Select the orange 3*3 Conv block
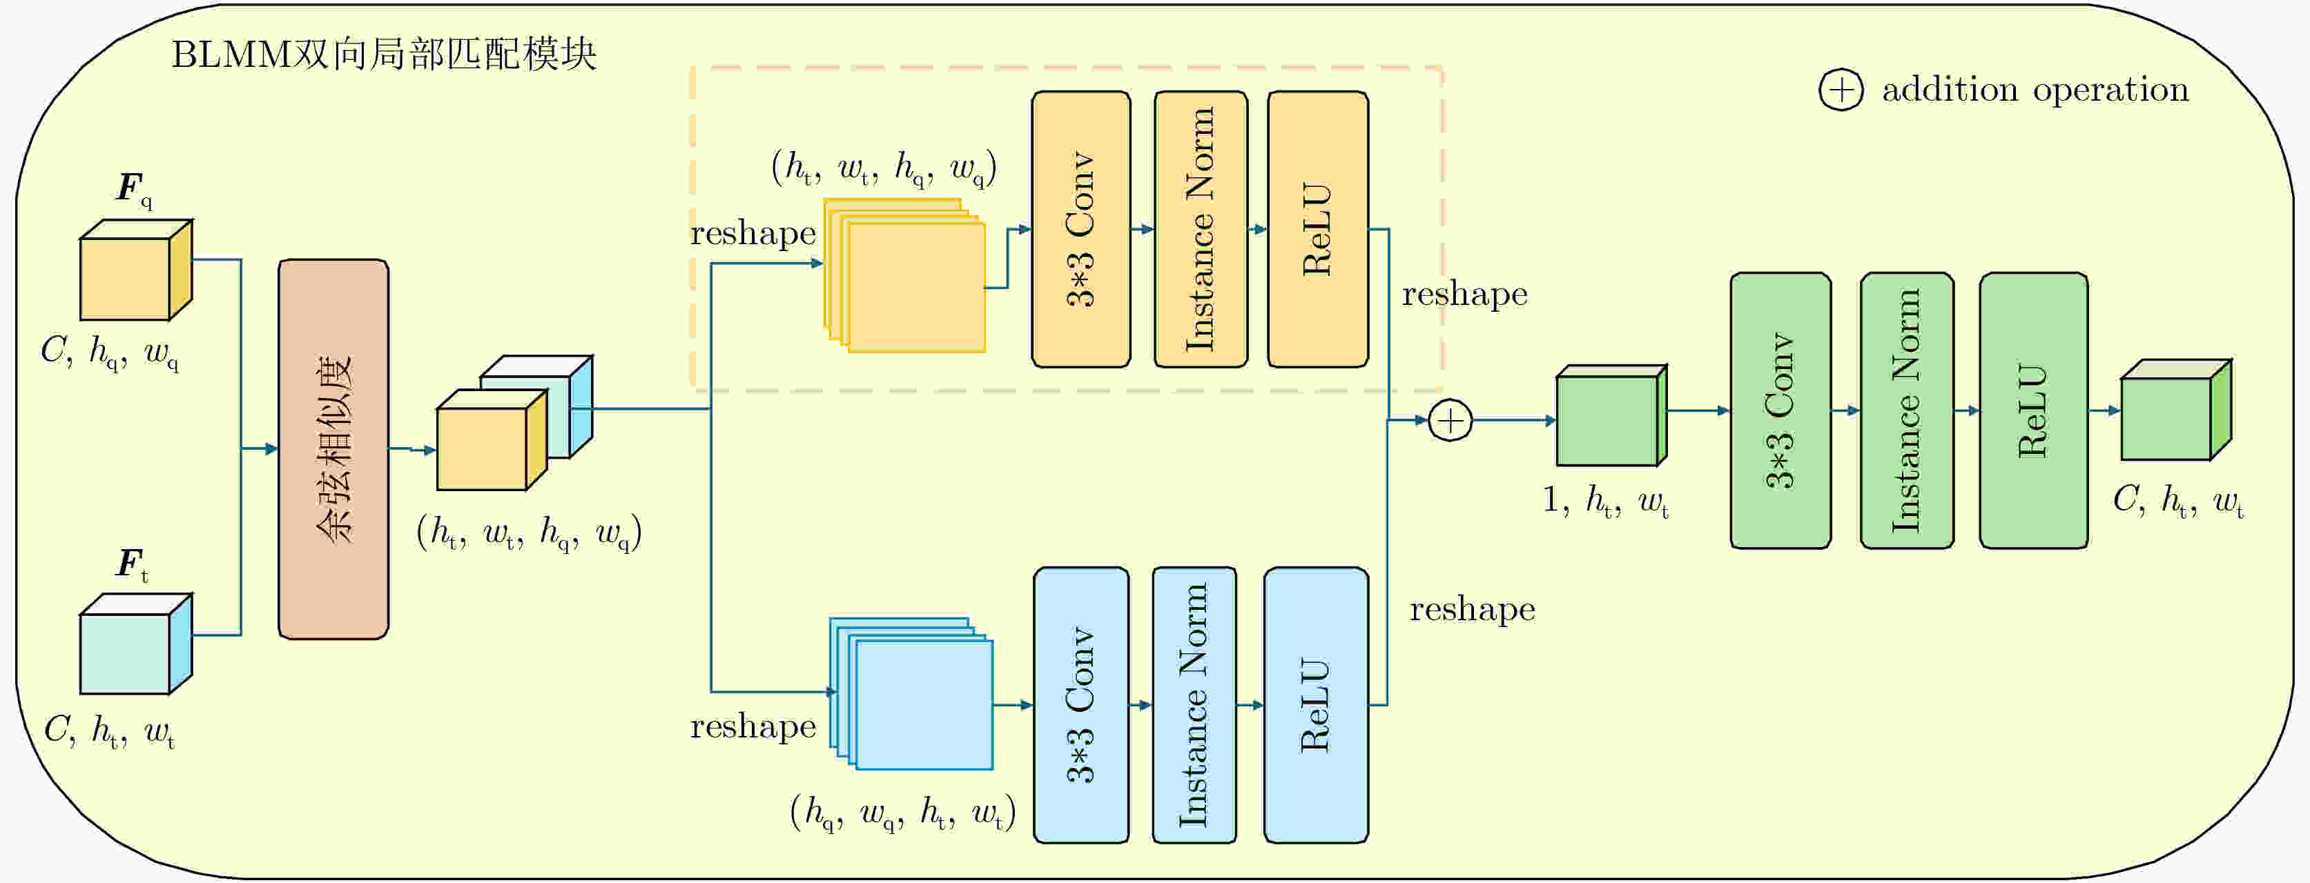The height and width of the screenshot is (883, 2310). [1080, 230]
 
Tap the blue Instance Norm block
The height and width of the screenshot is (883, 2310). [1194, 704]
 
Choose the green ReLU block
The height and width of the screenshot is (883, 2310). [2033, 410]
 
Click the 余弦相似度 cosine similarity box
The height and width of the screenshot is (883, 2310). [333, 449]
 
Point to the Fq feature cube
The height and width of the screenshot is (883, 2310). [135, 270]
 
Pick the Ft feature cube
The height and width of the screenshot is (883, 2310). [135, 644]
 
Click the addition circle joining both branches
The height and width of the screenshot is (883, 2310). [1450, 420]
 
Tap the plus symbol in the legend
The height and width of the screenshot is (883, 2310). [1841, 90]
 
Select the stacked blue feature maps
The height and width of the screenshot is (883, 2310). [913, 694]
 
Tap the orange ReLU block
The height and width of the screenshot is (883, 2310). [1317, 230]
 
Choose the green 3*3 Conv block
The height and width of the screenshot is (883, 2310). [1780, 410]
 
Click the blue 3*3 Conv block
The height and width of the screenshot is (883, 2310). [1080, 704]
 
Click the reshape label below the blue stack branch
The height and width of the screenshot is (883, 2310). [753, 726]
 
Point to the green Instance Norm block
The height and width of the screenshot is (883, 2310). [1906, 410]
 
